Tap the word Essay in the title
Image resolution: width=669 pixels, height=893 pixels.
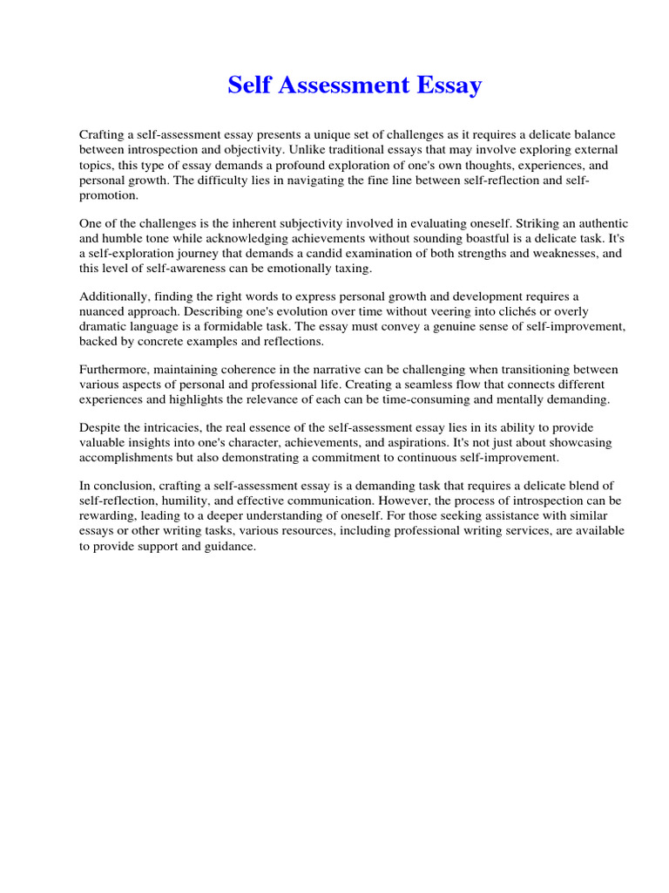click(x=449, y=85)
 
